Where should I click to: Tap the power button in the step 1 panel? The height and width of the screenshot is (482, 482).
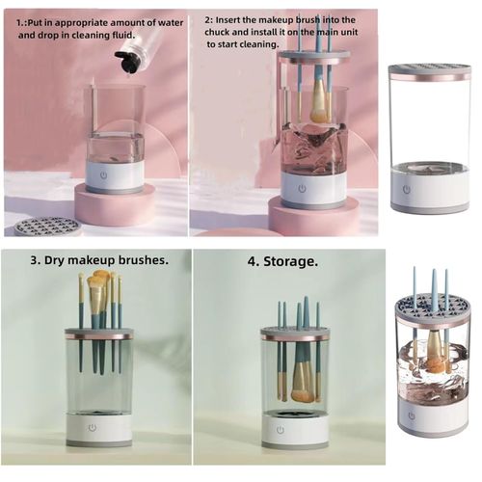[115, 175]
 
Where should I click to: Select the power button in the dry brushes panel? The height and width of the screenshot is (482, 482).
[93, 426]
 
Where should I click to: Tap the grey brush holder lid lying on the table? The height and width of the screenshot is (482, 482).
[47, 227]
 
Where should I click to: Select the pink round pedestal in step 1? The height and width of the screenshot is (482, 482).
[115, 205]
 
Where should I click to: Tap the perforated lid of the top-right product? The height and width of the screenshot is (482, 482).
[429, 70]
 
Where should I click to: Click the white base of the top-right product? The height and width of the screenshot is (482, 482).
[429, 195]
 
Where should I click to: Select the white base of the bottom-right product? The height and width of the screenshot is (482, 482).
[432, 417]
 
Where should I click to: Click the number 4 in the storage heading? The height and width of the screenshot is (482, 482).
[253, 261]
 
